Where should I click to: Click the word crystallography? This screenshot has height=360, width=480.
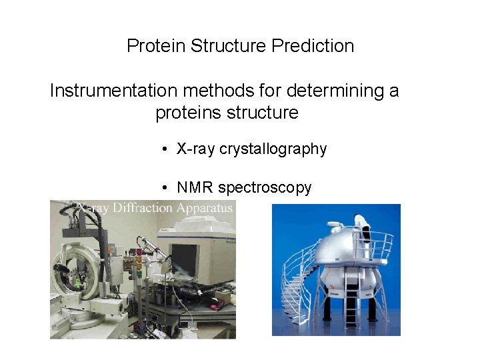click(x=273, y=149)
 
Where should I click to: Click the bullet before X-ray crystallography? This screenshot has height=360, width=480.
click(x=164, y=149)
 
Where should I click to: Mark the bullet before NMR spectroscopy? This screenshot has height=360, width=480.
click(x=164, y=188)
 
